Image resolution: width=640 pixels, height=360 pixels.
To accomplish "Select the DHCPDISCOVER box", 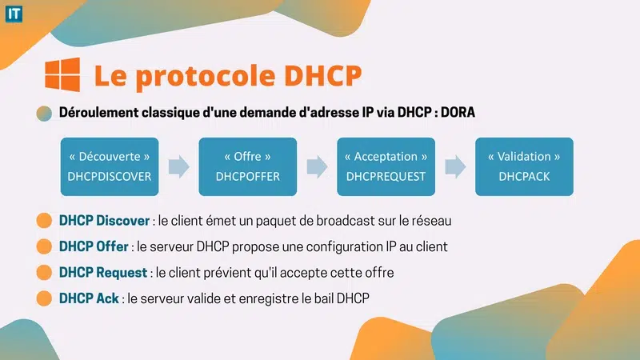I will (110, 166).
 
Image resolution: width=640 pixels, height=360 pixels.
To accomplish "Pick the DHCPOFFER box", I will (248, 166).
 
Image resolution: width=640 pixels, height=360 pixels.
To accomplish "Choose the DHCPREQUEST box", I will (386, 166).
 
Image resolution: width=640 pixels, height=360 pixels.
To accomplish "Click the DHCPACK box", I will (524, 166).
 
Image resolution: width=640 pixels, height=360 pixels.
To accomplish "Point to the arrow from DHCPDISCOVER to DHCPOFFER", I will (179, 166).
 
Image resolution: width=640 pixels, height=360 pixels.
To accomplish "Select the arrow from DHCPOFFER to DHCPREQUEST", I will (317, 166).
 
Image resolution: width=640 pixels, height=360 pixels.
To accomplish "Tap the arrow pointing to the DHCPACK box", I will (455, 166).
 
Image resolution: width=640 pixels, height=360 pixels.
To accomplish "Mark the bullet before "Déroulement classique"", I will (45, 113).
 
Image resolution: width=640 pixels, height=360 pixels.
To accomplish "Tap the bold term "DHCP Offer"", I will (94, 246).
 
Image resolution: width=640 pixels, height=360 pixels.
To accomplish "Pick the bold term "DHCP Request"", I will (103, 273).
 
